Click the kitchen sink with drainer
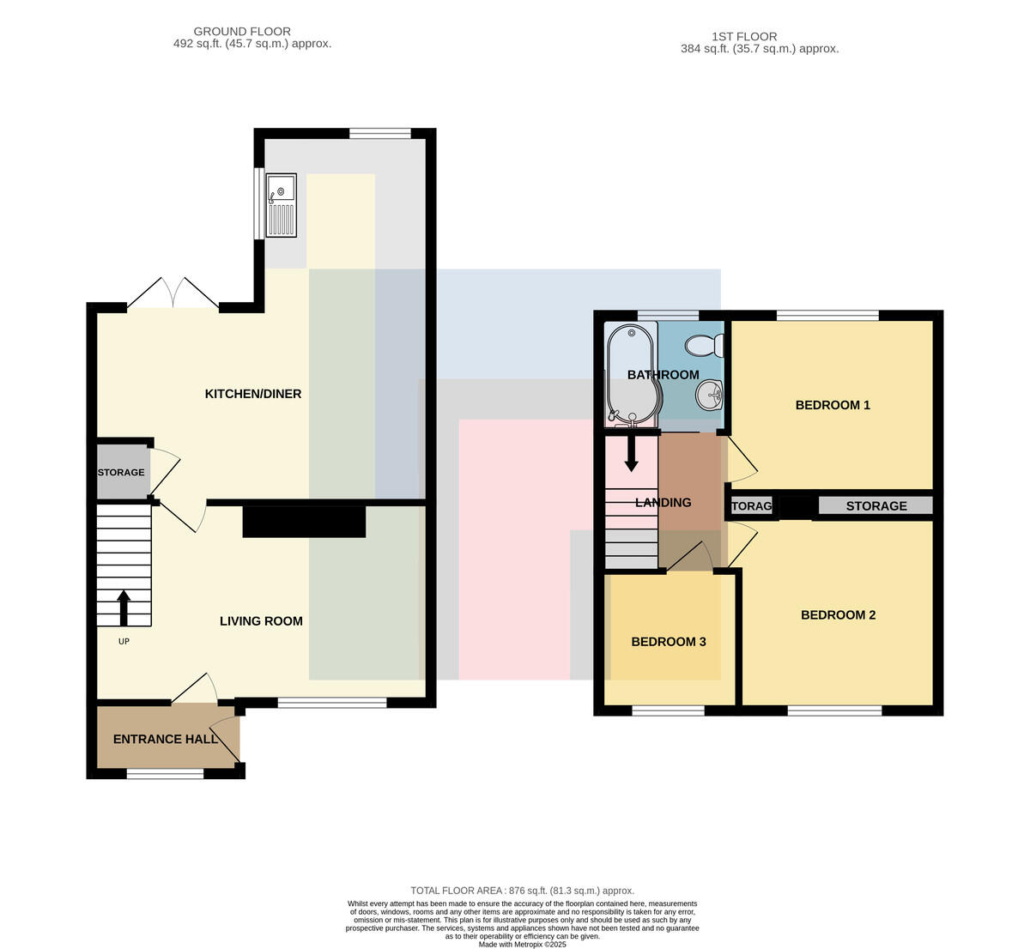pos(281,205)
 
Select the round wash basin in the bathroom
pos(710,395)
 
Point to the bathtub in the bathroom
pos(632,374)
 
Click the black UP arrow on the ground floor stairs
pos(124,608)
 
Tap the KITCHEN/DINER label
pos(253,394)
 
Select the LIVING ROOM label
pos(261,621)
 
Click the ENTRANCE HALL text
pos(166,739)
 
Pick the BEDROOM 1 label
pos(833,405)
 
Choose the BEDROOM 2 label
pos(838,614)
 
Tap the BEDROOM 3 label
pos(669,642)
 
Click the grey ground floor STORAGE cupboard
pos(124,472)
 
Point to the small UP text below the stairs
pos(124,642)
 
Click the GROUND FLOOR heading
pos(242,32)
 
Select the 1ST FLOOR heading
pos(744,36)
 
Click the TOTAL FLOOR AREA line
pos(522,891)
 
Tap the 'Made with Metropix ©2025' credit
pos(522,945)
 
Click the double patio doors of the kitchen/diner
pos(173,293)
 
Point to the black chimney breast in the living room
pos(304,522)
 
